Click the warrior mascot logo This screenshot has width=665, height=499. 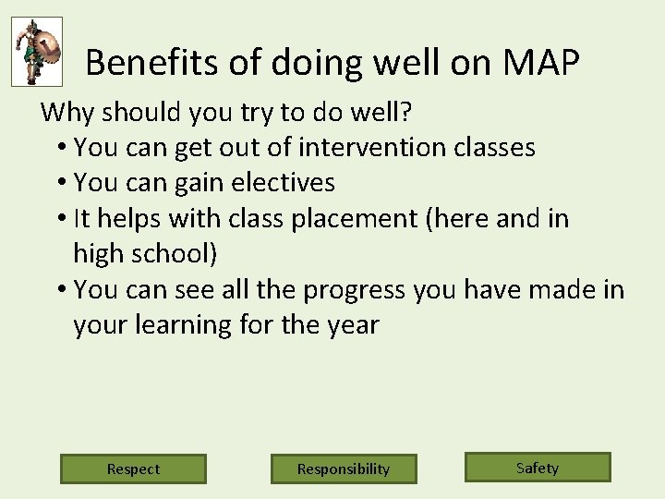click(x=37, y=52)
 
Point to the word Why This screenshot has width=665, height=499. click(x=67, y=113)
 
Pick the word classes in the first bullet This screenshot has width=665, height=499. click(x=495, y=148)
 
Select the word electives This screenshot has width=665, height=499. click(x=285, y=183)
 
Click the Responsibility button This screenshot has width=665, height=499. click(x=344, y=469)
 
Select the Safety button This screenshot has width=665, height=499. click(x=538, y=467)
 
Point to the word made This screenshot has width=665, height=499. click(x=557, y=290)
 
